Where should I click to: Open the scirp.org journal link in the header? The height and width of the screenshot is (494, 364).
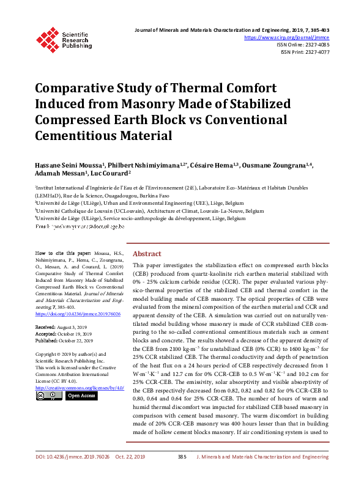287,37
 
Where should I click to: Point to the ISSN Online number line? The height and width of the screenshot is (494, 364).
303,45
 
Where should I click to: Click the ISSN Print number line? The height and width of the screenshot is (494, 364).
305,52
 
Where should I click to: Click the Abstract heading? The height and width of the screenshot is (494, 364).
147,271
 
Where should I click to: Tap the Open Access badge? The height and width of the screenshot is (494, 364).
81,396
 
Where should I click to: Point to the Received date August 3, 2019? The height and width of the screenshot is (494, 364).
72,328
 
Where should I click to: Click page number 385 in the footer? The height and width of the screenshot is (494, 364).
182,474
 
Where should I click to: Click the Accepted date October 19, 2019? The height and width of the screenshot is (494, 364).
75,334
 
